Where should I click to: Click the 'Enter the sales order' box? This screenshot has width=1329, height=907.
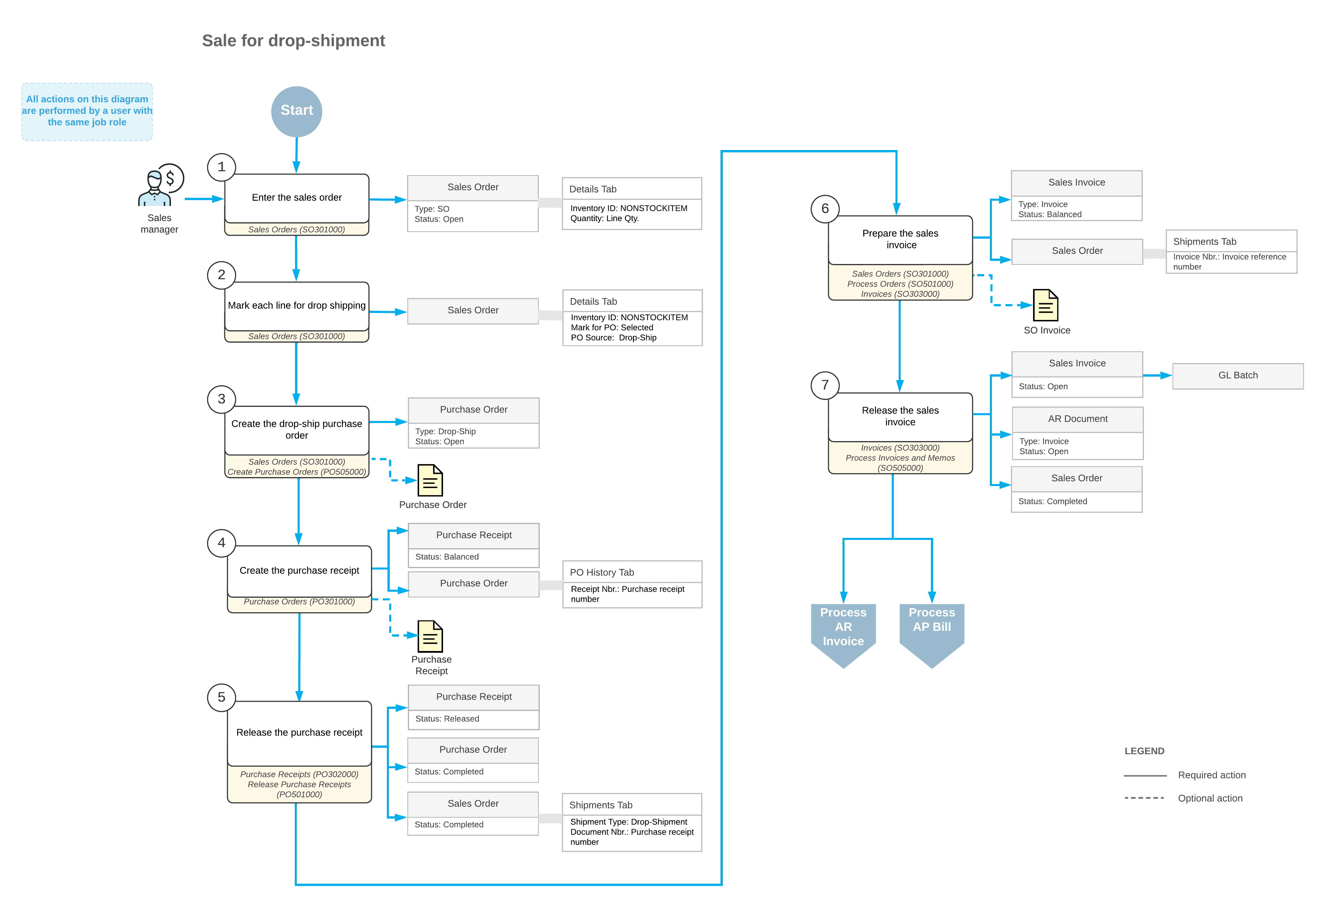297,198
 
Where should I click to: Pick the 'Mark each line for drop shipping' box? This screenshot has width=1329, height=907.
297,306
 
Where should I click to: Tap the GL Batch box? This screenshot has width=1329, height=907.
1238,376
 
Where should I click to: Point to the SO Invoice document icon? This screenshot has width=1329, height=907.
1045,306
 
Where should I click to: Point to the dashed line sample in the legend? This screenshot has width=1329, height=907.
1144,798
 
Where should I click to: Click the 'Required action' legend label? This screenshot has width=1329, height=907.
1212,775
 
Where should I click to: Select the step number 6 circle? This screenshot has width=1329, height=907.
825,209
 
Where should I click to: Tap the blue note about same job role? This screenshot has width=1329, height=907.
87,111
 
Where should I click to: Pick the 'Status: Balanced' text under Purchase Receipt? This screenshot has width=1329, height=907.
447,557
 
